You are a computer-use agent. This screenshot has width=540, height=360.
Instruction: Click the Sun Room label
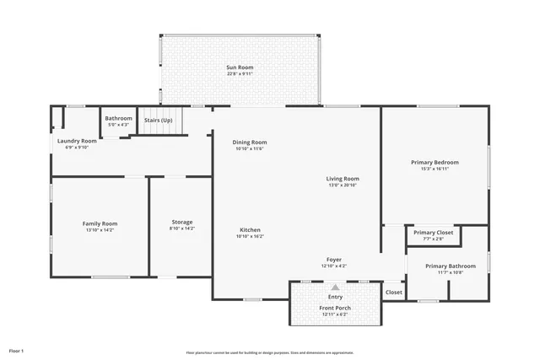click(x=240, y=67)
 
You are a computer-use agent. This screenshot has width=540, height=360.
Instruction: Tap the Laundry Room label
click(x=77, y=141)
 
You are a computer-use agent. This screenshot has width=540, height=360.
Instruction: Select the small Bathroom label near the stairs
click(x=118, y=118)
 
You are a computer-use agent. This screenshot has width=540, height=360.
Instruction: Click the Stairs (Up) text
click(x=159, y=120)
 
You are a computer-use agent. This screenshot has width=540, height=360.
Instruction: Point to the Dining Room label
click(x=250, y=142)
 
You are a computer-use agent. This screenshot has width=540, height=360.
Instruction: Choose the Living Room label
click(x=343, y=179)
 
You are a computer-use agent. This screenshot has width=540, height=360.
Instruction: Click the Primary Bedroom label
click(x=435, y=162)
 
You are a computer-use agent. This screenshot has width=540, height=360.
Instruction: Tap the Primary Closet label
click(x=433, y=232)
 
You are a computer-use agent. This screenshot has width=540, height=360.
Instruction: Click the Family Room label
click(x=100, y=223)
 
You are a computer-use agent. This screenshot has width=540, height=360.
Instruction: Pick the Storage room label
click(x=181, y=222)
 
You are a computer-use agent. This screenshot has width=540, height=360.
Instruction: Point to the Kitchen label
click(x=250, y=230)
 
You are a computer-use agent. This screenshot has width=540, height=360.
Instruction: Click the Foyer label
click(x=334, y=260)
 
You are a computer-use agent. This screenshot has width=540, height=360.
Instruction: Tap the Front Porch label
click(x=335, y=308)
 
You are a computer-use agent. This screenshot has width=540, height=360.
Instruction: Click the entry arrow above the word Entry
click(x=335, y=287)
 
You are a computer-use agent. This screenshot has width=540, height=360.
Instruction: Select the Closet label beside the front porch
click(x=393, y=292)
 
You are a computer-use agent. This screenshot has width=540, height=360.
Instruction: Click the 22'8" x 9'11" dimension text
click(x=240, y=74)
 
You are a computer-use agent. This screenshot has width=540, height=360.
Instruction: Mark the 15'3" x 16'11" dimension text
click(x=435, y=169)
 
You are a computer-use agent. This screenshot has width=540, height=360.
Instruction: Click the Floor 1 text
click(x=17, y=350)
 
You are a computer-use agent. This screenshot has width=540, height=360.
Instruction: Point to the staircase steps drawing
click(x=160, y=131)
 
